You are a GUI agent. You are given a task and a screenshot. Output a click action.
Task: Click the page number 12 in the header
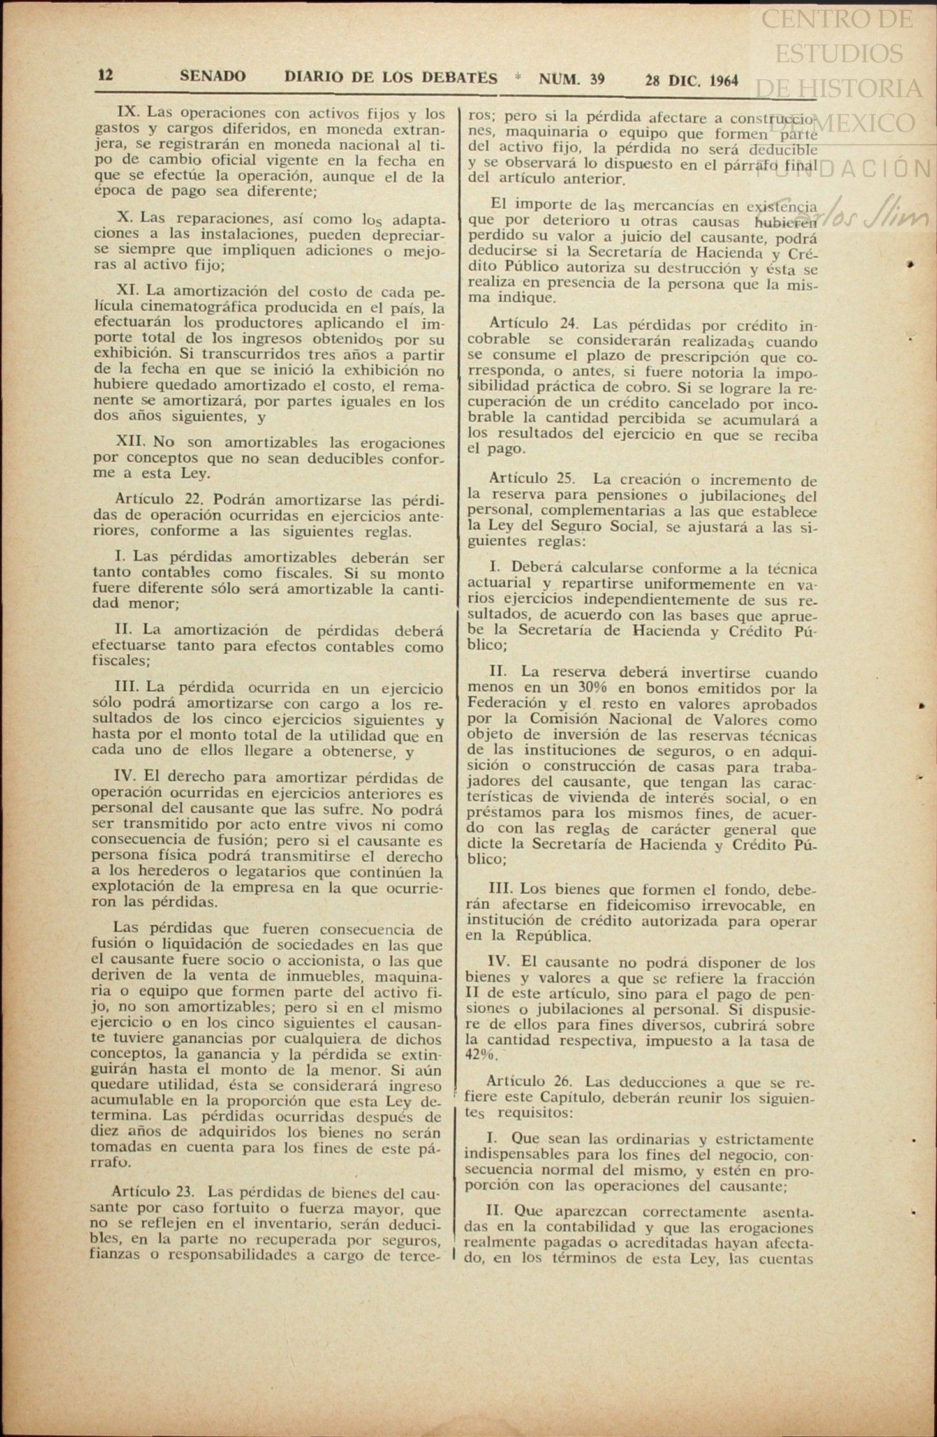click(x=105, y=75)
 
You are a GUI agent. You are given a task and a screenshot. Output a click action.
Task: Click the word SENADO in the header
click(x=212, y=77)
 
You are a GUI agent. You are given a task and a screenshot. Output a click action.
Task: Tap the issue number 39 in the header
click(x=596, y=80)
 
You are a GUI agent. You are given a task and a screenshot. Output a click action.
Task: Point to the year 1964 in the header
click(x=723, y=81)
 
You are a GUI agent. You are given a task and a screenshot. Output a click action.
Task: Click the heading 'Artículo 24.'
click(x=533, y=325)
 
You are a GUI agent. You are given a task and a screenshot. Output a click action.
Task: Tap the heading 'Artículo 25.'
click(x=532, y=478)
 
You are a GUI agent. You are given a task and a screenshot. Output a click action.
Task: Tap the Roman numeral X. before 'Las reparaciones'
click(x=124, y=217)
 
